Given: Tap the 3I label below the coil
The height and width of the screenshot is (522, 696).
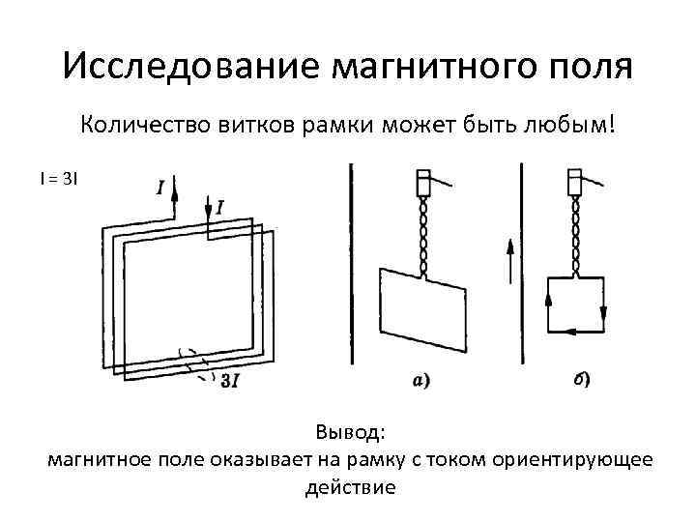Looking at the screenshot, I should tap(230, 381).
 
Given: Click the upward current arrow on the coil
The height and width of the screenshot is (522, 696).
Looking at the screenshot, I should tap(175, 199).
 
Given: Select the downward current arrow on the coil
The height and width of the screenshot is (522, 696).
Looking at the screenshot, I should tap(209, 206).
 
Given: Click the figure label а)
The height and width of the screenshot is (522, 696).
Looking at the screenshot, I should tap(422, 381).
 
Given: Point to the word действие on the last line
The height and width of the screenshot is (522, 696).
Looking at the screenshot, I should tap(350, 486).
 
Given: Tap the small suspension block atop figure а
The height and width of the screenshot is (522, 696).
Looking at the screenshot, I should tap(422, 183).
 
